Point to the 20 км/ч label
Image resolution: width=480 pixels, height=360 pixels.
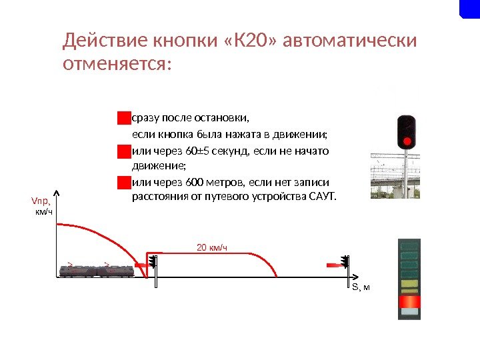[x=212, y=248]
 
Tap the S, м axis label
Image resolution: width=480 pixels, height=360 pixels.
[x=360, y=287]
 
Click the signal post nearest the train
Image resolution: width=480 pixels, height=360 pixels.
[x=154, y=269]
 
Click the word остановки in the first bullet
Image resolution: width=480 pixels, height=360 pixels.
[x=225, y=119]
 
